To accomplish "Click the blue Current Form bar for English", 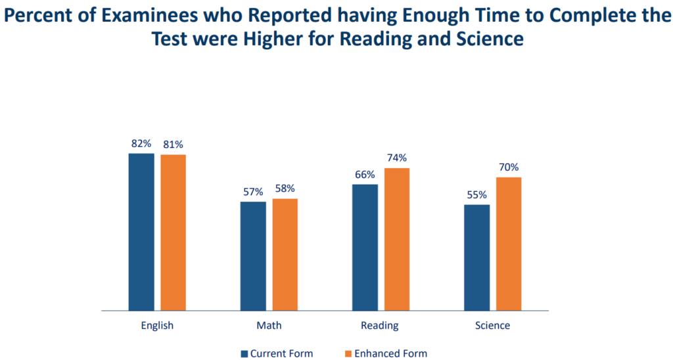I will (x=141, y=231).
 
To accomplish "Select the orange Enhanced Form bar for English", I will (x=174, y=232).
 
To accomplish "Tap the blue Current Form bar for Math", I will (x=253, y=256).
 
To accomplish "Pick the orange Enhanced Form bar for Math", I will (x=285, y=254).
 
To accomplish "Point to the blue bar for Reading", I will (x=365, y=247).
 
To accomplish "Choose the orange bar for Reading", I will (x=397, y=238).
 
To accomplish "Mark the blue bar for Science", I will (x=476, y=257).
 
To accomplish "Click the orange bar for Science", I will (x=509, y=243).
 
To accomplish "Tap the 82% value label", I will (x=141, y=143).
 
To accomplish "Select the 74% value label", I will (x=397, y=158).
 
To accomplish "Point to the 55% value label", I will (x=476, y=194).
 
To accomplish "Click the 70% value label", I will (x=509, y=167).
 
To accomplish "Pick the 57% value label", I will (x=253, y=192).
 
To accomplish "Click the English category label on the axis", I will (x=157, y=326).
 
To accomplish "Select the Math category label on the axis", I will (x=269, y=326).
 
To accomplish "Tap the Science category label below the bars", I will (x=492, y=326).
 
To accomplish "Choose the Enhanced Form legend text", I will (x=390, y=353).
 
